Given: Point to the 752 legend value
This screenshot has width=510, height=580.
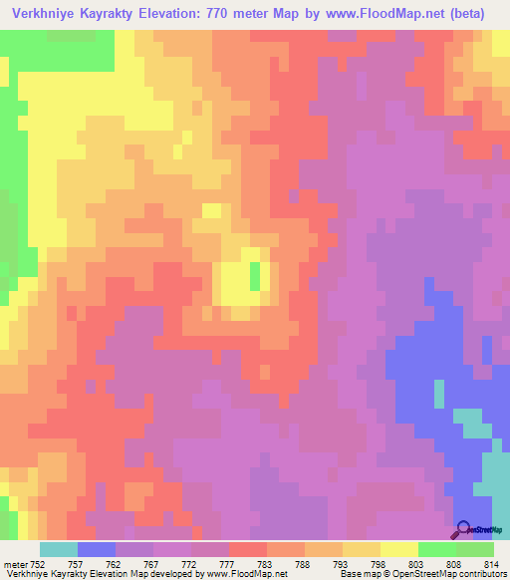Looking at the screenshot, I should (x=38, y=564).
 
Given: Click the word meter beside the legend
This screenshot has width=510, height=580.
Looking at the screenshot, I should (x=14, y=564).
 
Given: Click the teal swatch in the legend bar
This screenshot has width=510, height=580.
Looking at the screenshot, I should (x=59, y=549).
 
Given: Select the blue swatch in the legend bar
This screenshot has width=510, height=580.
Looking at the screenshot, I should (x=97, y=549).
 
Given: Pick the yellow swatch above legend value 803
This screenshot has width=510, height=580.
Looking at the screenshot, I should (x=399, y=549).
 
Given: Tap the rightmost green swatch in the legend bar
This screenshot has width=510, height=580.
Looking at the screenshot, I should (x=475, y=549).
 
